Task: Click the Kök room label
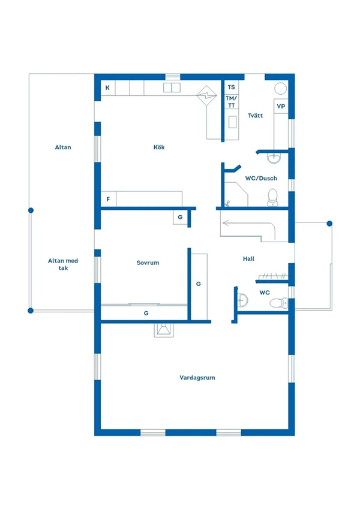(159, 147)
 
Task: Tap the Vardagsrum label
(197, 378)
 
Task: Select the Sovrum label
(148, 263)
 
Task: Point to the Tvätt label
(255, 115)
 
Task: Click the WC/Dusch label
(261, 178)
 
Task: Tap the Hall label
(248, 258)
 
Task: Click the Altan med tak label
(63, 264)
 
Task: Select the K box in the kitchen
(107, 88)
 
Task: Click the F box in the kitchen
(109, 199)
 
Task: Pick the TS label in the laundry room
(232, 87)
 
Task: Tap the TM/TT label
(232, 101)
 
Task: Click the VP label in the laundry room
(281, 106)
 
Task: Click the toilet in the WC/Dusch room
(272, 197)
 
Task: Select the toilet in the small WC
(278, 303)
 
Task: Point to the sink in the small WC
(242, 300)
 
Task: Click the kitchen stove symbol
(206, 95)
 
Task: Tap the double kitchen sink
(172, 88)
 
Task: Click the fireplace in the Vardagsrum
(164, 330)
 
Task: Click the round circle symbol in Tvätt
(280, 88)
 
